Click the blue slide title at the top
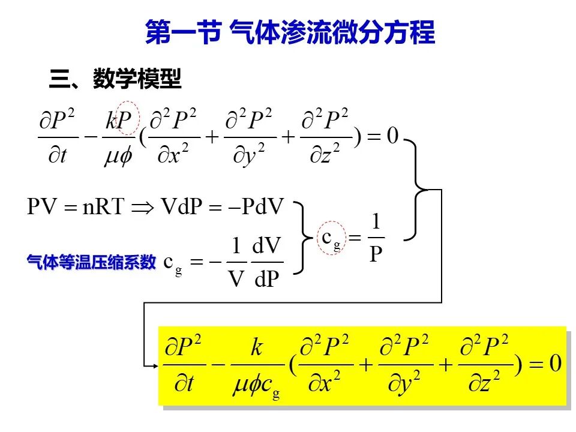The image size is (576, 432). (x=290, y=32)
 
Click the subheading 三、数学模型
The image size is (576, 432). (x=115, y=78)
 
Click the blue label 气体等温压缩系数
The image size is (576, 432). (x=91, y=262)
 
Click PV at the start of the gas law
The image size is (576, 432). (x=42, y=206)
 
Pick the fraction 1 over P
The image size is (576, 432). (x=376, y=238)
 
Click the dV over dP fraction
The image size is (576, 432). (x=267, y=262)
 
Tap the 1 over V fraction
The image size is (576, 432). (x=236, y=262)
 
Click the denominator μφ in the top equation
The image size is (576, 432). (x=118, y=156)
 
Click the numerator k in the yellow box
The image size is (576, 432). (x=257, y=347)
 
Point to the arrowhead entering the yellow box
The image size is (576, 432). (x=155, y=365)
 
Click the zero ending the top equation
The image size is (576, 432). (x=392, y=136)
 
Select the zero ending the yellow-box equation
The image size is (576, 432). (x=555, y=364)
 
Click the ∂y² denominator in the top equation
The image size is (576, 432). (x=249, y=155)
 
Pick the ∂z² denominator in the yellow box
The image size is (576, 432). (x=484, y=382)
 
